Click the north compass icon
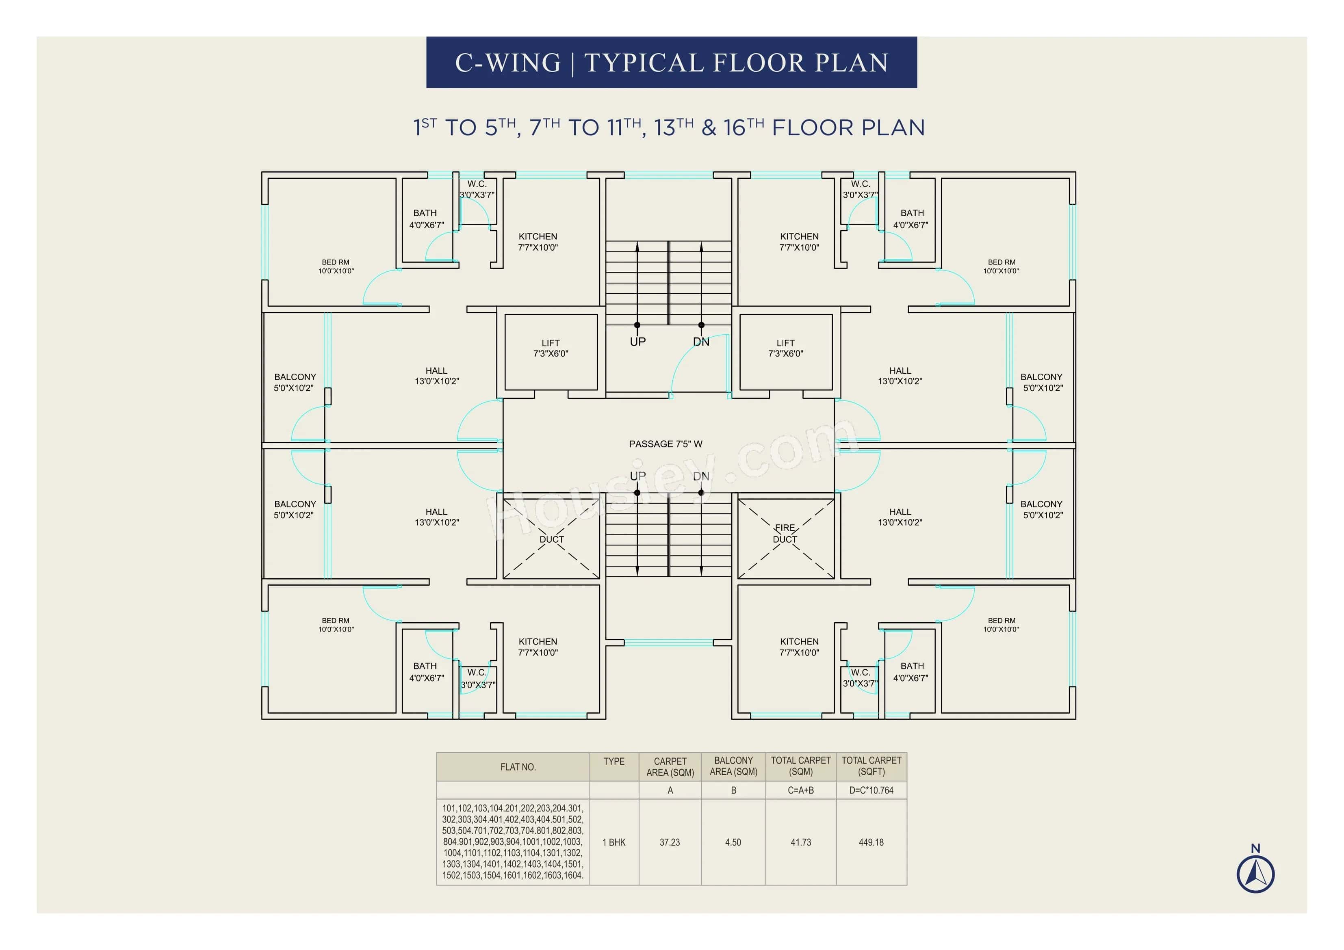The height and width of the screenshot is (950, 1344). tap(1255, 873)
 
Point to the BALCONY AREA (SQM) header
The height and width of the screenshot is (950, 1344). tap(733, 766)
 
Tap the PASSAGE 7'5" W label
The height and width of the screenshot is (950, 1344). tap(665, 444)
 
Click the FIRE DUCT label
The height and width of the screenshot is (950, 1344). tap(785, 533)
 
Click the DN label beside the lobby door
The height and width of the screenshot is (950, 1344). tap(701, 342)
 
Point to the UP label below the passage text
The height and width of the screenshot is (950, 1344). tap(637, 476)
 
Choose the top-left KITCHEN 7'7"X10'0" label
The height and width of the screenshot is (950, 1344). tap(538, 242)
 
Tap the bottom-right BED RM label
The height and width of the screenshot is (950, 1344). tap(1001, 625)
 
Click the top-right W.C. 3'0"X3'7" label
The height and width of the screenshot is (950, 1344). tap(860, 189)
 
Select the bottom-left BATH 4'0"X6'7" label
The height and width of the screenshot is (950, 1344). tap(426, 671)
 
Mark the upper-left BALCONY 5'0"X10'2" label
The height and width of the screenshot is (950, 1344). tap(295, 382)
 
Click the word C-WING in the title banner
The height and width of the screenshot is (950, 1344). tap(507, 63)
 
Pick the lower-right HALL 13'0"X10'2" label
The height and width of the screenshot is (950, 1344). tap(900, 517)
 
